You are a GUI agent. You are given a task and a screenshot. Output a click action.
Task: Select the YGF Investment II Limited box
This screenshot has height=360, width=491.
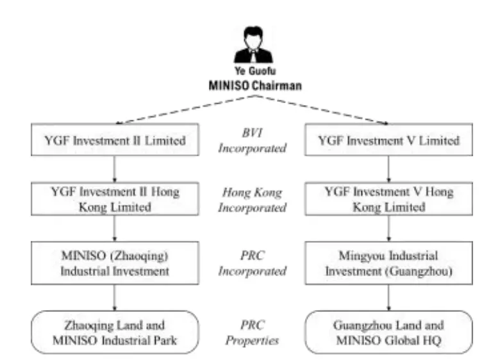click(x=113, y=140)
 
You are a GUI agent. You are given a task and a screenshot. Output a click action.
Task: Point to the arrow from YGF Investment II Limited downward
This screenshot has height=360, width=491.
click(x=113, y=168)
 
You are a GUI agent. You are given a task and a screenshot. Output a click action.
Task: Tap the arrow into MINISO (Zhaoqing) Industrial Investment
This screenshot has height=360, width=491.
click(x=113, y=231)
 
